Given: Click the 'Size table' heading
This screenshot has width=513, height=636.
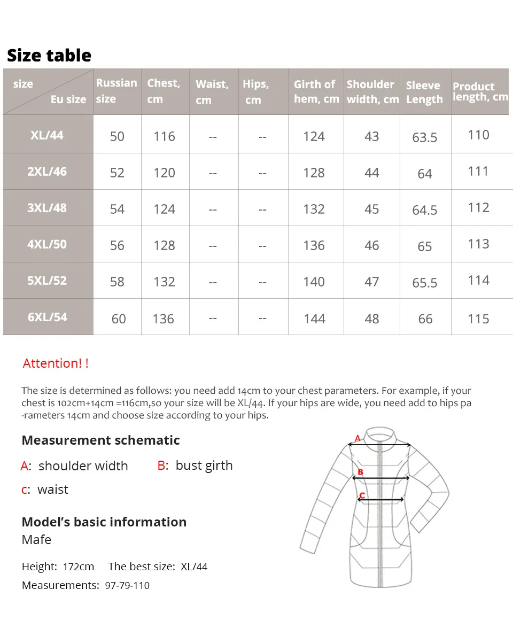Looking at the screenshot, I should (x=49, y=56).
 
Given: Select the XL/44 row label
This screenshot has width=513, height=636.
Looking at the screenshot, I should (x=47, y=135).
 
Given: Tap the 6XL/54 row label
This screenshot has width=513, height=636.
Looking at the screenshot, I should (x=48, y=317).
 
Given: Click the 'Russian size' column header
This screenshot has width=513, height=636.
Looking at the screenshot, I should (x=116, y=91).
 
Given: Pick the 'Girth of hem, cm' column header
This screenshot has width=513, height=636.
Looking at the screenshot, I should (x=316, y=91).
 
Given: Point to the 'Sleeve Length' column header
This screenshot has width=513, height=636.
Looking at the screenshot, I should (x=424, y=92).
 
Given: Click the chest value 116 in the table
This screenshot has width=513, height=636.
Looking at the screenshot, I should (x=164, y=136).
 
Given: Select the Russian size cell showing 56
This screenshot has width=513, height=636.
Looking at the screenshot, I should (x=117, y=245).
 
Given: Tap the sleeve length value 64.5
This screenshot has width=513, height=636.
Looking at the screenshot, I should (x=425, y=210).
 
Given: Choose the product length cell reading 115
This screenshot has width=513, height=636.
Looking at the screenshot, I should (x=478, y=319).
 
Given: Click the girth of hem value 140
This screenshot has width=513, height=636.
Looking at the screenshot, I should (x=314, y=282).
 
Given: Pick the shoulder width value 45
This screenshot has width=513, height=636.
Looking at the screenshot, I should (x=371, y=209).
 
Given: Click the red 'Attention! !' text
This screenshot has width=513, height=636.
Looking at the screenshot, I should (x=56, y=363).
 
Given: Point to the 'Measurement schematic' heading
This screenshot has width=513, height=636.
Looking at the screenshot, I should (x=100, y=440).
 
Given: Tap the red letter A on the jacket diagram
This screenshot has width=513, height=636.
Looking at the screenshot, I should (x=357, y=439).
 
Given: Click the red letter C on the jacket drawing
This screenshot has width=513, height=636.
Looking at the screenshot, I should (x=362, y=495).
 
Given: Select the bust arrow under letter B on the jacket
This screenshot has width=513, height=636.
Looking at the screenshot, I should (x=380, y=478).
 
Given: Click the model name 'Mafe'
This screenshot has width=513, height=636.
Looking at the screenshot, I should (x=36, y=540).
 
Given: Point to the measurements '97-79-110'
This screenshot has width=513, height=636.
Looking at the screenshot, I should (x=127, y=585).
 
